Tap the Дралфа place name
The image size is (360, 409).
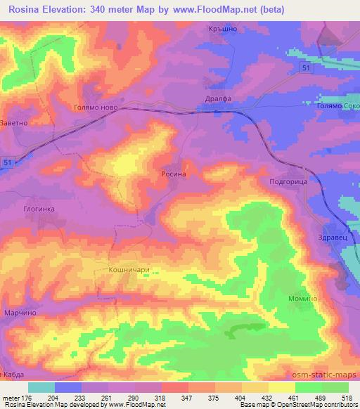tap(218, 99)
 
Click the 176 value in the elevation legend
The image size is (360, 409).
tap(20, 396)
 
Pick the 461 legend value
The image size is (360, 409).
tap(290, 396)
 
